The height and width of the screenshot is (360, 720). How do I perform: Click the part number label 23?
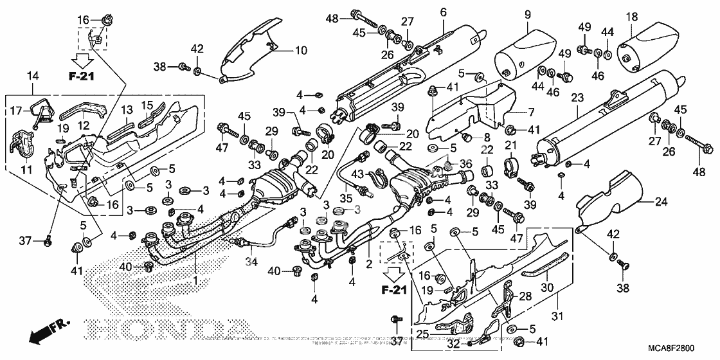pos(577,98)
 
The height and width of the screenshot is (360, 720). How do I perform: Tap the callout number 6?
pos(443,12)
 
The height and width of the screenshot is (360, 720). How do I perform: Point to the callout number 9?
pos(528,13)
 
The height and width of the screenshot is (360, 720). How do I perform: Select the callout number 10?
pos(283,50)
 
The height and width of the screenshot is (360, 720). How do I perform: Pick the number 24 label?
pos(661,203)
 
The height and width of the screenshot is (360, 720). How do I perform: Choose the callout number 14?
pos(33,76)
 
